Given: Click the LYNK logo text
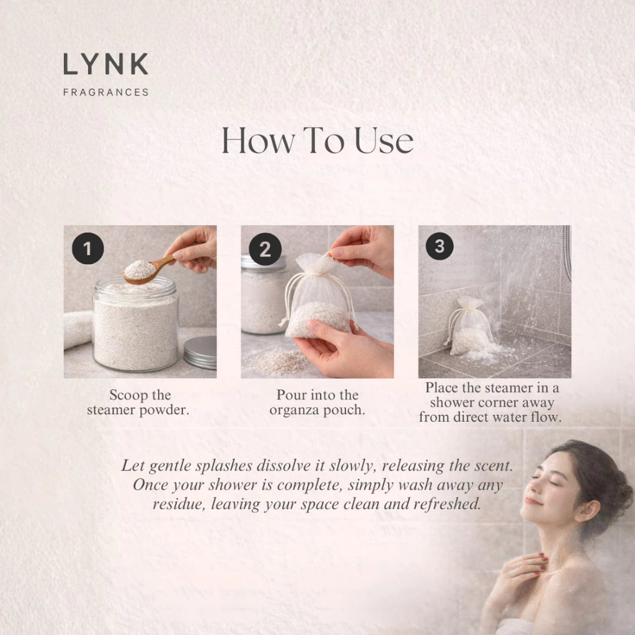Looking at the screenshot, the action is (105, 64).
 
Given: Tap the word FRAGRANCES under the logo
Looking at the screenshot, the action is (106, 92).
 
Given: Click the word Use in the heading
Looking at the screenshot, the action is (384, 141).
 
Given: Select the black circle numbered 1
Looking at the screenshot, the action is (88, 248).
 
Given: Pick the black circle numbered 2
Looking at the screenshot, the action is (265, 249).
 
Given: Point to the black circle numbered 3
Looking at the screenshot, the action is (440, 246).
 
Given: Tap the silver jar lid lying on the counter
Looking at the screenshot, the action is (200, 352).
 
